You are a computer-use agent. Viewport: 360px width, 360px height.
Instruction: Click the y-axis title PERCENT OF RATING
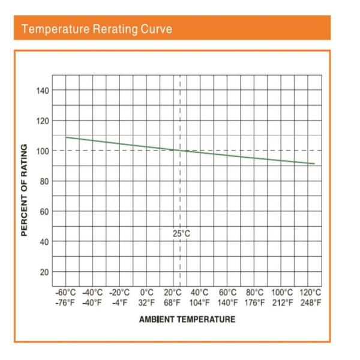pyautogui.click(x=25, y=190)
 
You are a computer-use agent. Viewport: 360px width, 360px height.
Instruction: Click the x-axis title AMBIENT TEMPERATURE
pyautogui.click(x=187, y=319)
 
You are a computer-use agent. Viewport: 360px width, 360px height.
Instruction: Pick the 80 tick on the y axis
pyautogui.click(x=44, y=181)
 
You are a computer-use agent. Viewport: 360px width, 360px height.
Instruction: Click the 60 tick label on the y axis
pyautogui.click(x=44, y=211)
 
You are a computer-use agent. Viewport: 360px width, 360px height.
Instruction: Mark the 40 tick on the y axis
pyautogui.click(x=44, y=242)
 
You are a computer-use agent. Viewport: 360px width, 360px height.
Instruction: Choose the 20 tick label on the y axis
pyautogui.click(x=44, y=272)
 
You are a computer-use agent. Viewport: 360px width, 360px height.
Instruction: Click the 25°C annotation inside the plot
pyautogui.click(x=180, y=233)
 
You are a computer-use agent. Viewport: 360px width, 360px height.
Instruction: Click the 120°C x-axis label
pyautogui.click(x=310, y=293)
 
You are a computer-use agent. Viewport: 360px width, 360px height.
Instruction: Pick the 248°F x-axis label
pyautogui.click(x=310, y=303)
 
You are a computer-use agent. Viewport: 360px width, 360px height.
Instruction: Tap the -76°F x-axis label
pyautogui.click(x=65, y=303)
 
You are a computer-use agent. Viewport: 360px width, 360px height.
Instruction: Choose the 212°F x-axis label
pyautogui.click(x=282, y=303)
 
